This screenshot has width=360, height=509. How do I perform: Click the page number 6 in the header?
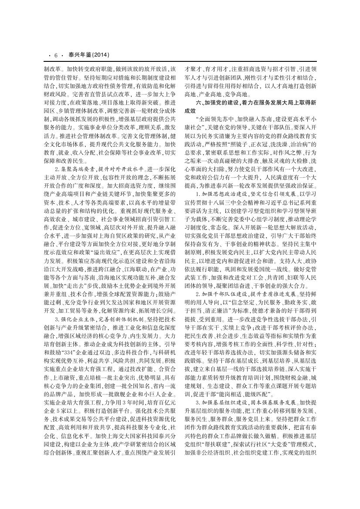point(56,55)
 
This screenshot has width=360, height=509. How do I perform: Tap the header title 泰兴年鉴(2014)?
point(86,55)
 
